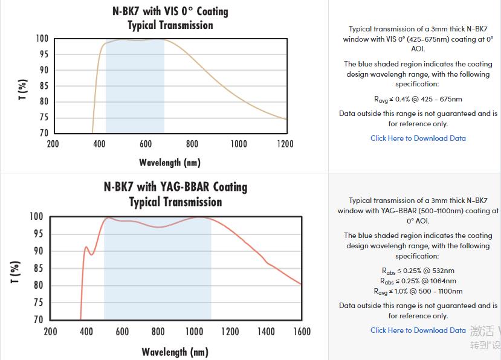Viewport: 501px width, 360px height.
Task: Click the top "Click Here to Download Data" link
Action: [x=418, y=138]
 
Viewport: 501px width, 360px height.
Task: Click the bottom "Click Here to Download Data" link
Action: [x=418, y=330]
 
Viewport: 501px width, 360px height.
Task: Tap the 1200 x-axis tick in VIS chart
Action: [x=285, y=144]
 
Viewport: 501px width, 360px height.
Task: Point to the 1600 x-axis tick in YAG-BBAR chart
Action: [x=302, y=332]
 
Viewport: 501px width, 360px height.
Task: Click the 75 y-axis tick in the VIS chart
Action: [x=43, y=117]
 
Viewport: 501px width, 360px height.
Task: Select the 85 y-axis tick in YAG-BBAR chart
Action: [x=37, y=268]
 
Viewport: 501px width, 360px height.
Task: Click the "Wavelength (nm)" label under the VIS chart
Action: [x=170, y=162]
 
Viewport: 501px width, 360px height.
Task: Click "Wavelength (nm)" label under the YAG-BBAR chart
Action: [x=175, y=352]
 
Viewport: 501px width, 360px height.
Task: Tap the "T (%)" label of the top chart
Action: [x=23, y=89]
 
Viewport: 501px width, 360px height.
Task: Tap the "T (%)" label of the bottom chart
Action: [x=16, y=272]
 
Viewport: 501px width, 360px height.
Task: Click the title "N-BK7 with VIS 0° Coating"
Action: [x=170, y=11]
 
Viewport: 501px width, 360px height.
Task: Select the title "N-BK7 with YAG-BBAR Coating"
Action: [x=175, y=187]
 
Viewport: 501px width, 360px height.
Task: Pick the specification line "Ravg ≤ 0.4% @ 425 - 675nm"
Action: [x=418, y=99]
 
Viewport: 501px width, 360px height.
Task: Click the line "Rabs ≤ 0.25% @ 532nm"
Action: [x=418, y=271]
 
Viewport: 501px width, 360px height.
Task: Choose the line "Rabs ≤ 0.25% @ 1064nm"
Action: [x=418, y=281]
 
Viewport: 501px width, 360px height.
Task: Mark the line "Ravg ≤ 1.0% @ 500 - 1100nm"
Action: [x=418, y=291]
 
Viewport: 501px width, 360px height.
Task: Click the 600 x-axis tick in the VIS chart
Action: [x=146, y=144]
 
